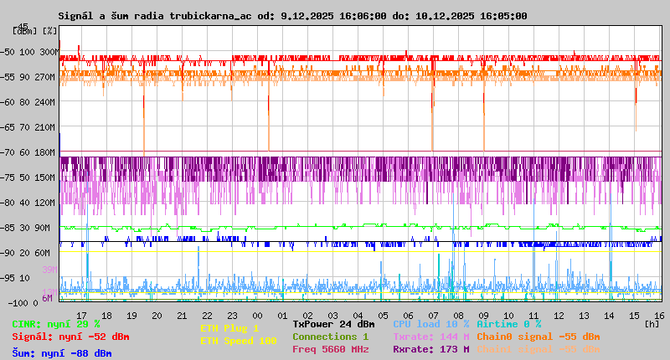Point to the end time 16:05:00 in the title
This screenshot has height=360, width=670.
pos(500,16)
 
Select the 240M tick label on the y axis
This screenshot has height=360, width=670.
pos(45,101)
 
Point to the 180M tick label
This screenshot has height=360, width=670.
pos(45,152)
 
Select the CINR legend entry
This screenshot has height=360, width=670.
pos(55,324)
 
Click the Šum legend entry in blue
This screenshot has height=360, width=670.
pos(61,353)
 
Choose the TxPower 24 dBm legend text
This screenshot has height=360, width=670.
pos(333,324)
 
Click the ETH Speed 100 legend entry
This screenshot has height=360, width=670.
pos(238,341)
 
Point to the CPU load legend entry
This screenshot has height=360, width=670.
pos(431,324)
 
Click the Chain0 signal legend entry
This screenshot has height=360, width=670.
pos(538,337)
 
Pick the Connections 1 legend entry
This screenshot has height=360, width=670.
pos(330,337)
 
